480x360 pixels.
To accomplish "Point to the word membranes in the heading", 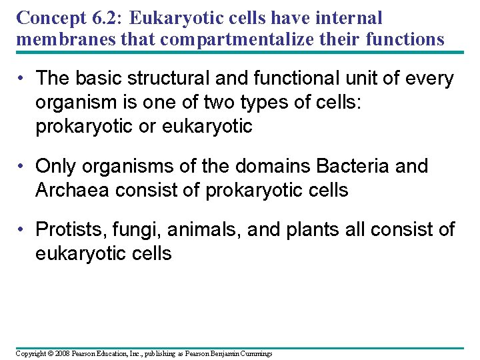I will pyautogui.click(x=62, y=39).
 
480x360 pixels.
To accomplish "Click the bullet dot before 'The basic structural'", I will pyautogui.click(x=23, y=79).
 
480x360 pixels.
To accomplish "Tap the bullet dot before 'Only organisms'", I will pyautogui.click(x=23, y=165).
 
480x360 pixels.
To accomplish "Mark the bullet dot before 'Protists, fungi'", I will pyautogui.click(x=23, y=230).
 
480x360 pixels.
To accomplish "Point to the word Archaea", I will pyautogui.click(x=73, y=190).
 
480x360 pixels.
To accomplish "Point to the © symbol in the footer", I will pyautogui.click(x=46, y=353).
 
